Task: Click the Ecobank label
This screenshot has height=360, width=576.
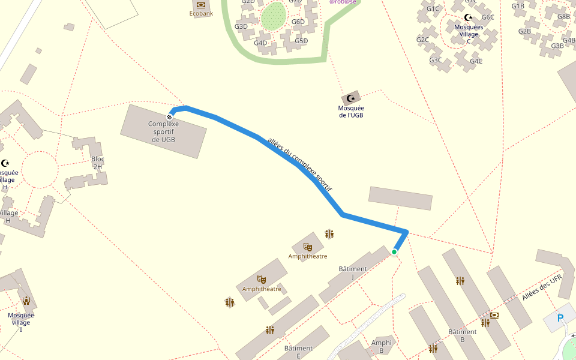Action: [x=201, y=13]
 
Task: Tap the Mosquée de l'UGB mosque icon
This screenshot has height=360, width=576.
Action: [x=351, y=98]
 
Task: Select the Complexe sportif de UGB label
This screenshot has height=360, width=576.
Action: [x=164, y=131]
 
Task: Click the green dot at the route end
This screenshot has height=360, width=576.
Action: [x=394, y=252]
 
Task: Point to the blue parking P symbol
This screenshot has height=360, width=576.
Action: [x=560, y=318]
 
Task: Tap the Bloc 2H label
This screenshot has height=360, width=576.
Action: [x=98, y=163]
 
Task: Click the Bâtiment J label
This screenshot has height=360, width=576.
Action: [x=352, y=272]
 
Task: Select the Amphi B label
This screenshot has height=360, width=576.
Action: [x=382, y=346]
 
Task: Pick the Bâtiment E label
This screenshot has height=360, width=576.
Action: [x=298, y=352]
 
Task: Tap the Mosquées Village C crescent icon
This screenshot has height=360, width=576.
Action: [x=469, y=17]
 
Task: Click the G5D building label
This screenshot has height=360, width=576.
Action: [x=301, y=41]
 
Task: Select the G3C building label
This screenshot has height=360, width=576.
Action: [x=436, y=60]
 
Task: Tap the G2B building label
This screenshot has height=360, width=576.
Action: [x=525, y=31]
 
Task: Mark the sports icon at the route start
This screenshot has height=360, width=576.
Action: [x=170, y=116]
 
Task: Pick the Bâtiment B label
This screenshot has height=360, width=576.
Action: [x=463, y=335]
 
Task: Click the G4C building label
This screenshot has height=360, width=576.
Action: [x=476, y=61]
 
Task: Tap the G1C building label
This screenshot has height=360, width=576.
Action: [x=433, y=9]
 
